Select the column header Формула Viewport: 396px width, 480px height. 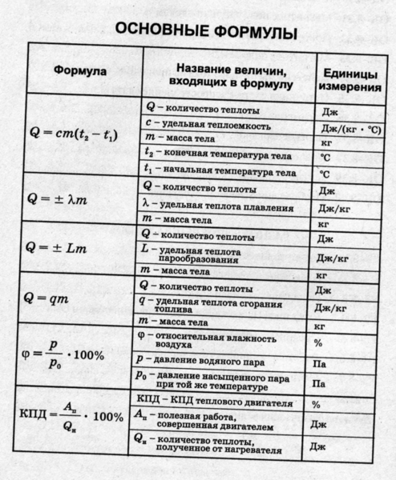coord(79,71)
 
